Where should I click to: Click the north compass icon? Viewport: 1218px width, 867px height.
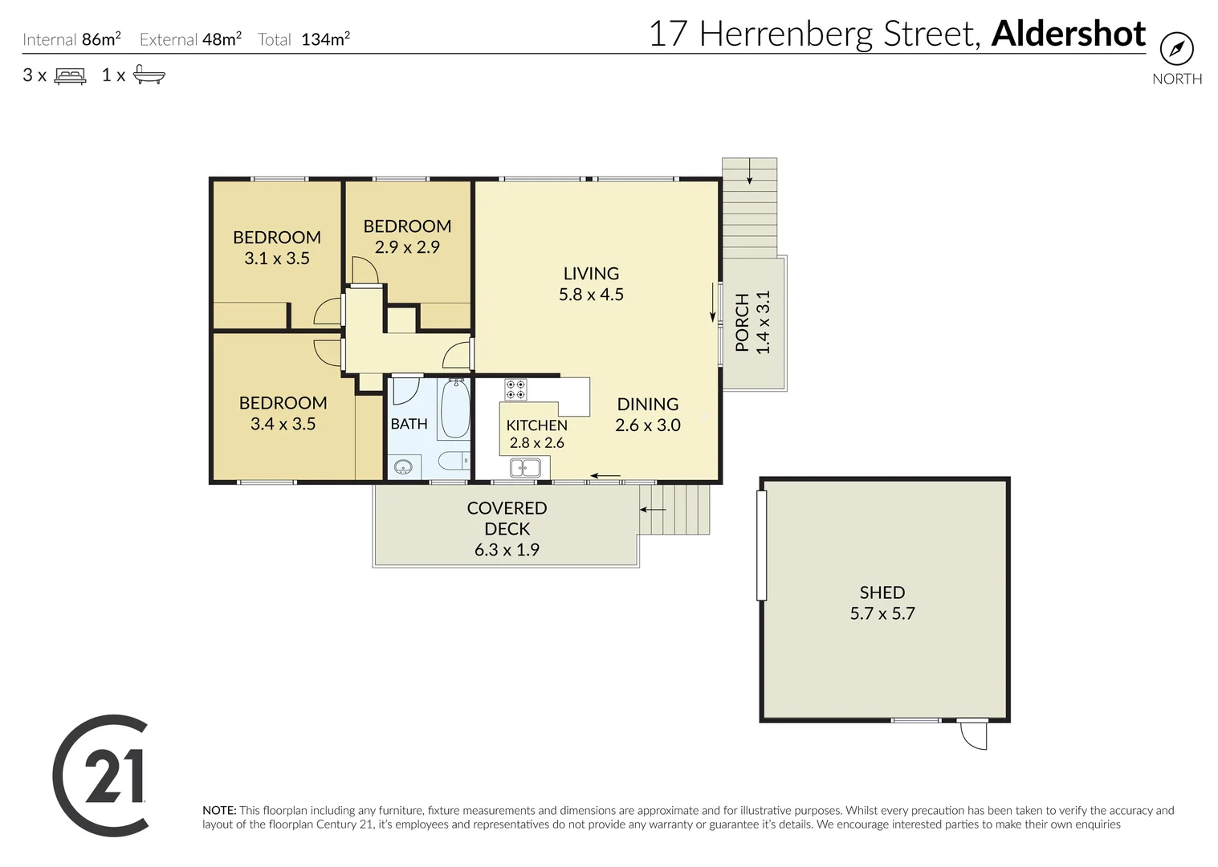coord(1176,49)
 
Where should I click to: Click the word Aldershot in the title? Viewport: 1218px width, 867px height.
coord(1068,34)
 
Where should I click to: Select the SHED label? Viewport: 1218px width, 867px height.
coord(882,592)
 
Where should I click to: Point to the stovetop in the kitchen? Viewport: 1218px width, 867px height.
coord(515,389)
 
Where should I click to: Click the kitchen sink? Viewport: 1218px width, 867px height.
coord(525,466)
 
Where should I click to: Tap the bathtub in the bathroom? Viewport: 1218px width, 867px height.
coord(454,409)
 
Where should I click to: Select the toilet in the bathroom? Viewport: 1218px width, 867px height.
coord(452,462)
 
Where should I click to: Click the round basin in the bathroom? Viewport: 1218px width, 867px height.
coord(403,466)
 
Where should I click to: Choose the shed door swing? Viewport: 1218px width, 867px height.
coord(973,735)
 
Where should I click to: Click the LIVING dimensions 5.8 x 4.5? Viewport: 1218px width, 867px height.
coord(591,295)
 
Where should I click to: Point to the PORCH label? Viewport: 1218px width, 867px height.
coord(742,322)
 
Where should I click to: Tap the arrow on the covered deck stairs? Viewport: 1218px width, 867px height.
coord(652,510)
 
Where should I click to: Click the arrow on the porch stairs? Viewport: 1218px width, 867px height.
coord(749,171)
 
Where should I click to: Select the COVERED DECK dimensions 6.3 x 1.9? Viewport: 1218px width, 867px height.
coord(507,550)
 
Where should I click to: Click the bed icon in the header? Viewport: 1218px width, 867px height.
coord(70,75)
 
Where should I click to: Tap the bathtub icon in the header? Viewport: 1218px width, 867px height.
coord(149,75)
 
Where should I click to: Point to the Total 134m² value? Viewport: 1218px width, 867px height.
coord(325,39)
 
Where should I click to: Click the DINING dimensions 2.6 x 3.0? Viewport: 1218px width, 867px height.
coord(647,425)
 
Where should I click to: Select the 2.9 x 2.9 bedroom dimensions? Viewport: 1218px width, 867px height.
coord(407,247)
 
